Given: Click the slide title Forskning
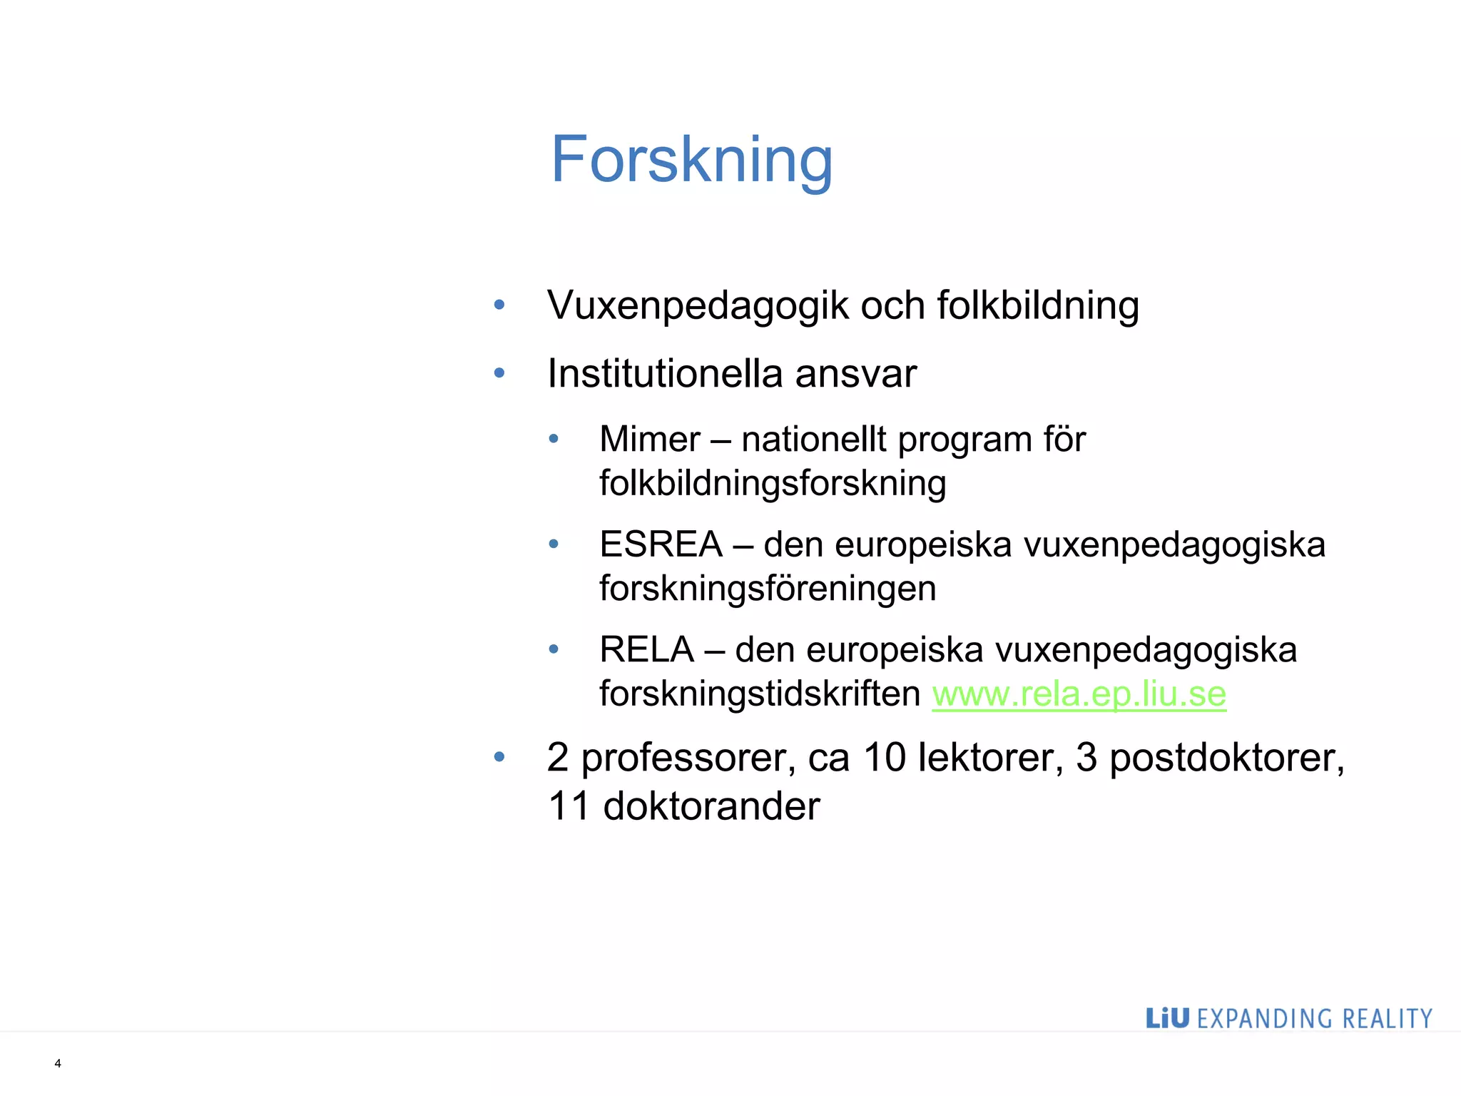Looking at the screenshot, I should [x=691, y=160].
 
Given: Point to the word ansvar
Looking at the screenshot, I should [x=855, y=374].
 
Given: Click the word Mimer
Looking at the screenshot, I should [x=649, y=439].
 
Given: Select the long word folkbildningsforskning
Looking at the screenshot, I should [x=773, y=483].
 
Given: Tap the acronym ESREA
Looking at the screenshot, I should [x=661, y=544].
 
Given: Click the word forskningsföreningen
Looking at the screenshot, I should [x=768, y=588].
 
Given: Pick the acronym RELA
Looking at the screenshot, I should [x=646, y=649].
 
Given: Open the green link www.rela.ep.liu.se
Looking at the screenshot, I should [x=1079, y=694].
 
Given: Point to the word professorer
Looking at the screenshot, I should [x=688, y=757].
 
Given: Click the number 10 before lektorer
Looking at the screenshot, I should [x=884, y=757].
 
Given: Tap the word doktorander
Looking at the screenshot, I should [x=711, y=806].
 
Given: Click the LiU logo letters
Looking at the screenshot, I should [x=1167, y=1018].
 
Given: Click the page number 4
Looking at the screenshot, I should [x=58, y=1063].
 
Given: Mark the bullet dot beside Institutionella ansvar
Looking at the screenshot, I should [x=499, y=372].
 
